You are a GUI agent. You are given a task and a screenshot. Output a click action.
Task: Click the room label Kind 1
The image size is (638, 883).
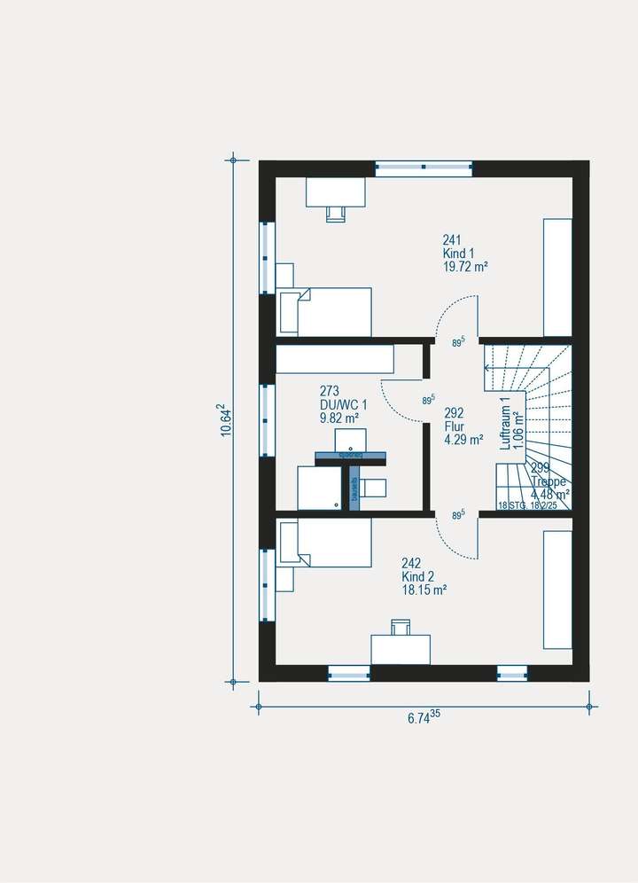[x=457, y=253]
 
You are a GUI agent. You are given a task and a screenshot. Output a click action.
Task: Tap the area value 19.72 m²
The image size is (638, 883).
[x=466, y=266]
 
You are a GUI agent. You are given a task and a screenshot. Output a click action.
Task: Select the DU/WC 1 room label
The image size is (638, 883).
[x=343, y=404]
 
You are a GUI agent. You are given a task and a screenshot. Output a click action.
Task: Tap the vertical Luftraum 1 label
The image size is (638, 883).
[x=506, y=423]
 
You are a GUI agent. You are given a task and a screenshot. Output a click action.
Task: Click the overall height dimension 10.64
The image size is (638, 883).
[x=226, y=419]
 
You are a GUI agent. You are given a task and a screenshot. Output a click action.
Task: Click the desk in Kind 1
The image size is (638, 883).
[x=335, y=191]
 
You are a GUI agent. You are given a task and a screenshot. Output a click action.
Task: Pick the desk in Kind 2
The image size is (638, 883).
[x=400, y=648]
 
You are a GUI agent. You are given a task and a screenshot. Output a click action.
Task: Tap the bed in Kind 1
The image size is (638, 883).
[x=325, y=312]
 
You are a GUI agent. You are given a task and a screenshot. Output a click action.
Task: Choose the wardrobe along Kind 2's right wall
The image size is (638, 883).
[x=557, y=590]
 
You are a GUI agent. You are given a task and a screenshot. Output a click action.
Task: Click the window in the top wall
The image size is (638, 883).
[x=424, y=168]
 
